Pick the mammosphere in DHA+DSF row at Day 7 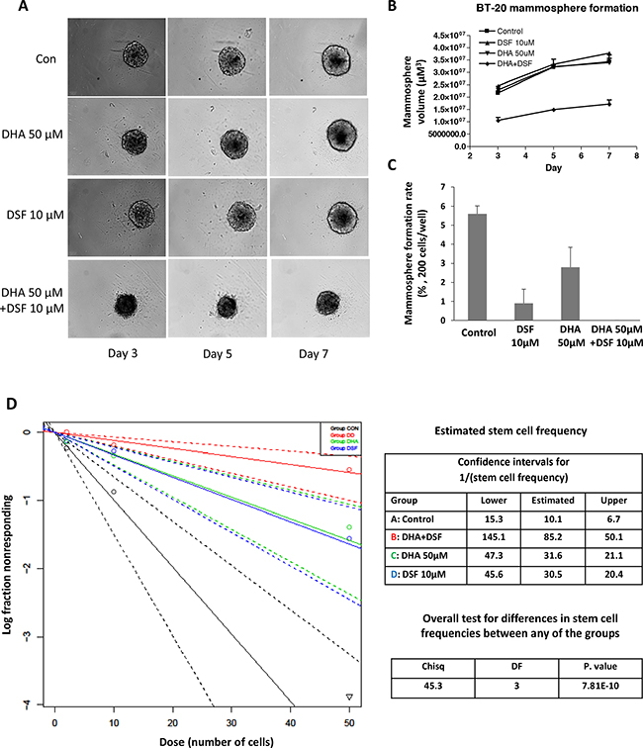pyautogui.click(x=329, y=300)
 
